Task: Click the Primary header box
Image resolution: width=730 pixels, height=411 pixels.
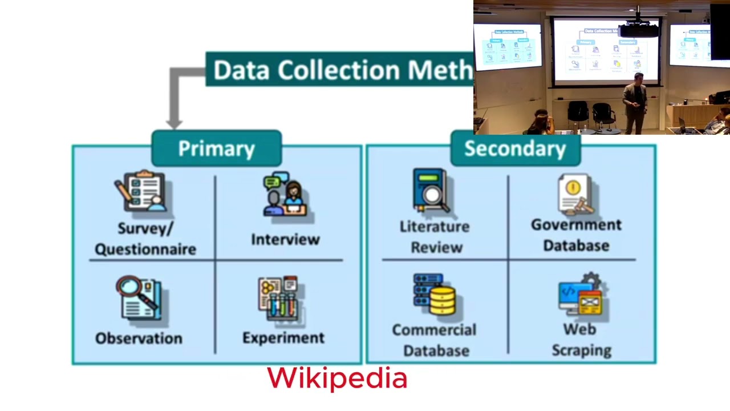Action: [x=216, y=148]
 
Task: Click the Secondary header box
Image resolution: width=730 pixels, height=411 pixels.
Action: [x=515, y=148]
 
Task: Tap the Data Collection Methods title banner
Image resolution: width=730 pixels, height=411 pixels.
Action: [x=340, y=70]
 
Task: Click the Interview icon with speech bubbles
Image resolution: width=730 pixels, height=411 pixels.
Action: [x=285, y=195]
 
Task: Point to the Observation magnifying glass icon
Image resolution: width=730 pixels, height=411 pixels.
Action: [x=140, y=297]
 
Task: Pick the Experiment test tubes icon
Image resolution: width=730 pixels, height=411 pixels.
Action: [x=279, y=299]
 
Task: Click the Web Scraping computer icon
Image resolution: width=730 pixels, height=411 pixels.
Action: [x=582, y=296]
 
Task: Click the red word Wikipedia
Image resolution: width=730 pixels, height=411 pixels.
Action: [x=337, y=378]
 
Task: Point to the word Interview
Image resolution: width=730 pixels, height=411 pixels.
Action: [x=285, y=239]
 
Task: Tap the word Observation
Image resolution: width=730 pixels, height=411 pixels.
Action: [x=139, y=339]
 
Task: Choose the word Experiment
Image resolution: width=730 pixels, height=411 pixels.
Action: [x=283, y=338]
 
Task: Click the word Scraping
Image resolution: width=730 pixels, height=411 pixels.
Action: [x=581, y=350]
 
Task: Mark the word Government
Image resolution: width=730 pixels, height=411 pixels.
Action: [x=576, y=225]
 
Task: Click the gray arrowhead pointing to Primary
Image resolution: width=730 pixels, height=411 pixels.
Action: [x=174, y=122]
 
